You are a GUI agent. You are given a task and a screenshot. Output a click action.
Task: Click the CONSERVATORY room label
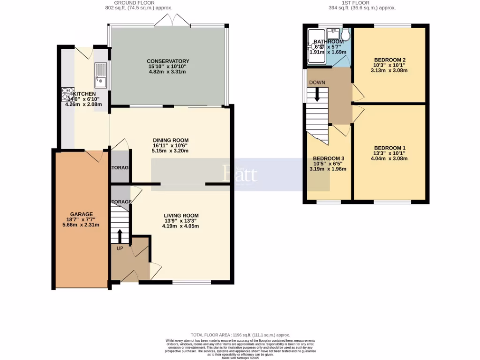click(168, 61)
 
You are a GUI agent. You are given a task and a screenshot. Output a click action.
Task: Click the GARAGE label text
click(82, 214)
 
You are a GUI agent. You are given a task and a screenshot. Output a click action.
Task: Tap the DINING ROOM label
click(171, 140)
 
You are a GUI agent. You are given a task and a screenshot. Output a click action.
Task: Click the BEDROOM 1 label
click(390, 148)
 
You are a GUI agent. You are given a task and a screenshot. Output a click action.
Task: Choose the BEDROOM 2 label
click(390, 60)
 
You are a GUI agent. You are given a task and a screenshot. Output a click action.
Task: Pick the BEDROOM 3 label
click(329, 158)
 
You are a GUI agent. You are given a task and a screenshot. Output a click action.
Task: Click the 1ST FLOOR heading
click(355, 3)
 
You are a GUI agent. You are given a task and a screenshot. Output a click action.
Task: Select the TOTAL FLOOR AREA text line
click(240, 335)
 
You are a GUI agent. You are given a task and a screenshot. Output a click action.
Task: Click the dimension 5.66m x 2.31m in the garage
click(82, 225)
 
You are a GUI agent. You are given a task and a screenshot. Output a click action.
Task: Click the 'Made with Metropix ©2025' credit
click(240, 358)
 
